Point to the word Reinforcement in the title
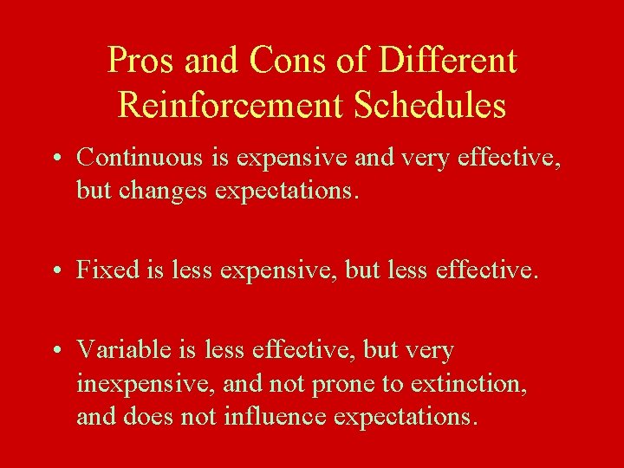[x=229, y=105]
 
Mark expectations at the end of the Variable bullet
[x=405, y=417]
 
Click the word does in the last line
[x=143, y=416]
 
